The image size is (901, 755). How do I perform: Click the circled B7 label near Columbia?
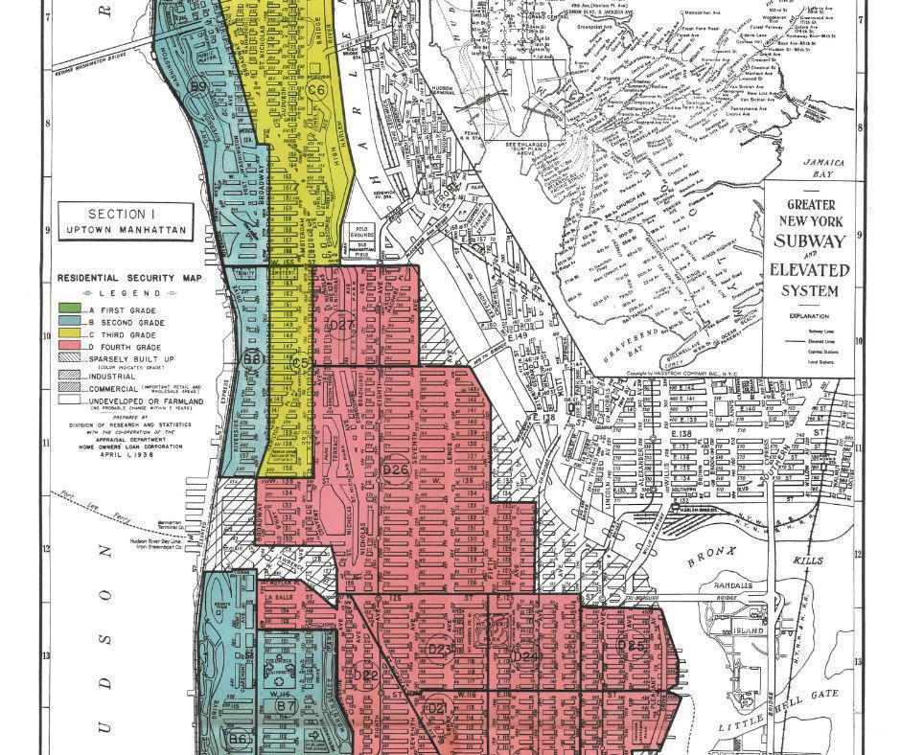point(284,705)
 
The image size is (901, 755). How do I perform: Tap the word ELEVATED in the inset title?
point(811,270)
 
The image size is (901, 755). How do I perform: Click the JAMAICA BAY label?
point(823,170)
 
